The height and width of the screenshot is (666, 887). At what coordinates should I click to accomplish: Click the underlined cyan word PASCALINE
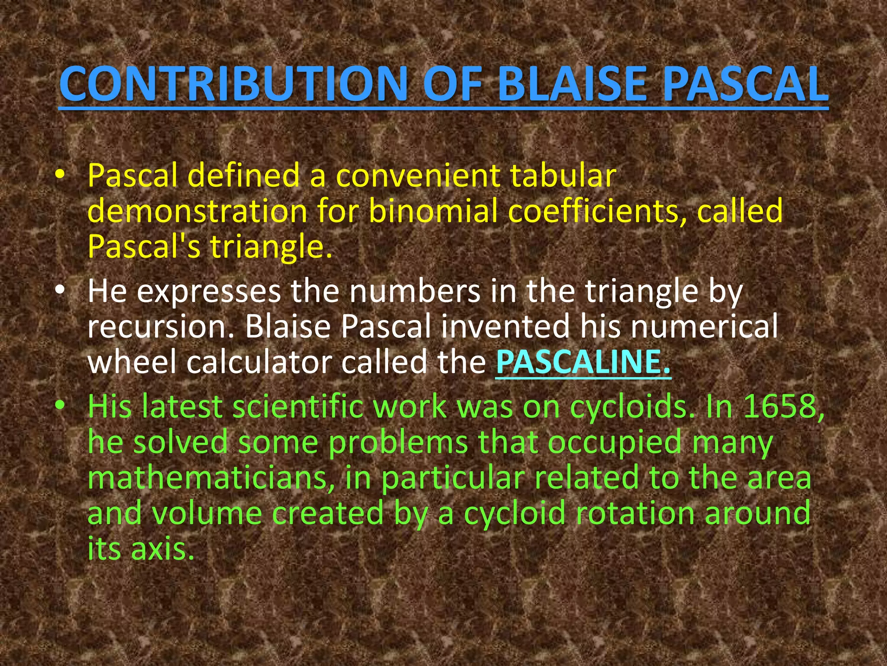click(583, 362)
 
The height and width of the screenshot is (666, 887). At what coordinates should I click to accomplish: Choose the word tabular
click(563, 176)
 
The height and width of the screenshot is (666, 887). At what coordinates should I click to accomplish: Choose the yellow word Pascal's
click(143, 247)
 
